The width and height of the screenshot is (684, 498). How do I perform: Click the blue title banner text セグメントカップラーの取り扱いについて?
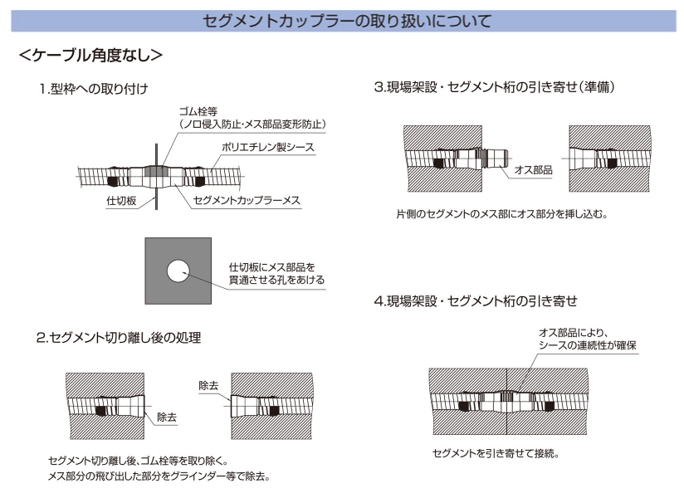[347, 21]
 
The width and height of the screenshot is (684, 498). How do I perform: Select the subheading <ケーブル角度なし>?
[90, 55]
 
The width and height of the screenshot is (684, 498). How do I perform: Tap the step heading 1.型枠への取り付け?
[94, 89]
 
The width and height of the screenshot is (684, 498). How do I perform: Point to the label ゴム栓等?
[198, 112]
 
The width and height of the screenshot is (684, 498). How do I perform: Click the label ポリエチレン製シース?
[268, 148]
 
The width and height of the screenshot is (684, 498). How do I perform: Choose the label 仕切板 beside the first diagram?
[122, 201]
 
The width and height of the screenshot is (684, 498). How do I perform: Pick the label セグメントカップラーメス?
[247, 200]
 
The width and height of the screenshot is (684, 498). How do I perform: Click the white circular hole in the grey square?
[178, 271]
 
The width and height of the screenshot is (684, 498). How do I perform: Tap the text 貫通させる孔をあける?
[277, 280]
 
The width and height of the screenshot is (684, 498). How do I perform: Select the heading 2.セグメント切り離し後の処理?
[119, 338]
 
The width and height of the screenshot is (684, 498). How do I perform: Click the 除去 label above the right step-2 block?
[208, 385]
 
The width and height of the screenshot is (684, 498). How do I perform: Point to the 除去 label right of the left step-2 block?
[167, 417]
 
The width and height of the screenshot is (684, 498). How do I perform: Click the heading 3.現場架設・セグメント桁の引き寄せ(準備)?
[495, 87]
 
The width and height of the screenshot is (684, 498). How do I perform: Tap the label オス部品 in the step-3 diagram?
[534, 169]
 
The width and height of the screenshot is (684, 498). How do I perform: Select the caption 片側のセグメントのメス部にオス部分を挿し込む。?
[502, 214]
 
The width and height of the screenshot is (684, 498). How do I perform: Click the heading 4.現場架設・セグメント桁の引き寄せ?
[476, 301]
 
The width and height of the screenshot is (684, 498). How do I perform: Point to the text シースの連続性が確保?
[588, 345]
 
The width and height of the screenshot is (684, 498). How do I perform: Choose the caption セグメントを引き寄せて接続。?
[496, 453]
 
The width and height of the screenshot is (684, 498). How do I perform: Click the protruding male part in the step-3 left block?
[495, 158]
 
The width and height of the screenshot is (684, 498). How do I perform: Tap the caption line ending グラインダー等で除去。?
[159, 476]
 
